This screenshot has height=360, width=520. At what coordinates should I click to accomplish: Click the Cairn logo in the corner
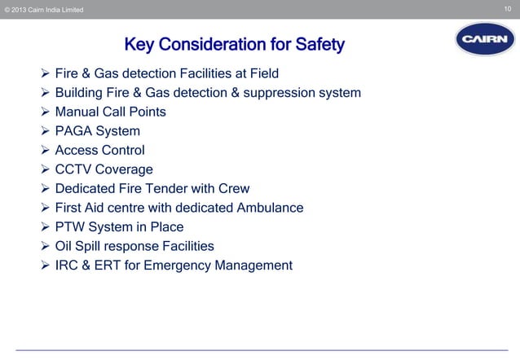coord(485,39)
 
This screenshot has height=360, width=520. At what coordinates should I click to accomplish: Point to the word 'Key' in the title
coord(139,44)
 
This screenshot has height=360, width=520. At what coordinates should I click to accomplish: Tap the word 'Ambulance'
coord(270,208)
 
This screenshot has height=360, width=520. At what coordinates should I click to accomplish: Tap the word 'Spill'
coord(95,246)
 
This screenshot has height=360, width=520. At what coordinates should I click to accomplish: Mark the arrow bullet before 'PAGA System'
coord(45,131)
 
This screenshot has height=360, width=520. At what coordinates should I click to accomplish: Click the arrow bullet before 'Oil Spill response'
coord(45,246)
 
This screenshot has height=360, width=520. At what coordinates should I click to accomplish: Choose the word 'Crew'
coord(232,189)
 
